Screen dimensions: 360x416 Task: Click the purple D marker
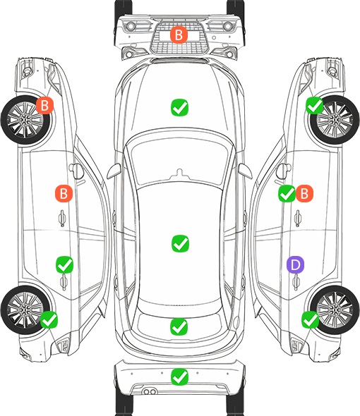(x=295, y=264)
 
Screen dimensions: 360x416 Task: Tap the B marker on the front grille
(x=179, y=35)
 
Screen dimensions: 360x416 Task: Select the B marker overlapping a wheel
(x=45, y=105)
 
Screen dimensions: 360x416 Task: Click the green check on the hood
(x=179, y=107)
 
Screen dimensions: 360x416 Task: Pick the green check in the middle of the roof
(x=181, y=243)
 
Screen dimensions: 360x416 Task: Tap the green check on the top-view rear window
(x=179, y=326)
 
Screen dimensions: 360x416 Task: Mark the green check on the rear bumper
(x=179, y=377)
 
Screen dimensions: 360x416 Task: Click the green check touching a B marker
(x=287, y=194)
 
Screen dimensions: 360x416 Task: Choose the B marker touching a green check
(x=304, y=194)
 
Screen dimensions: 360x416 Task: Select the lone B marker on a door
(x=64, y=194)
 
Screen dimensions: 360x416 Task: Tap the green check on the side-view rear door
(x=64, y=264)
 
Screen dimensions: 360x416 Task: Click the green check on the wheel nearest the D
(x=311, y=319)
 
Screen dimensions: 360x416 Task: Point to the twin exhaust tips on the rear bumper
(x=150, y=391)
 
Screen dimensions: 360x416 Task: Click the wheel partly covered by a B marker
(x=25, y=121)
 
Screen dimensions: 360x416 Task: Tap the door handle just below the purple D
(x=296, y=282)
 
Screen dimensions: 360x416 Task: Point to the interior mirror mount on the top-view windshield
(x=180, y=173)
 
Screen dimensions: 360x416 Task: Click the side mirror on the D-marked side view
(x=282, y=171)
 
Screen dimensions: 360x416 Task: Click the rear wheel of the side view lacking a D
(x=25, y=310)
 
